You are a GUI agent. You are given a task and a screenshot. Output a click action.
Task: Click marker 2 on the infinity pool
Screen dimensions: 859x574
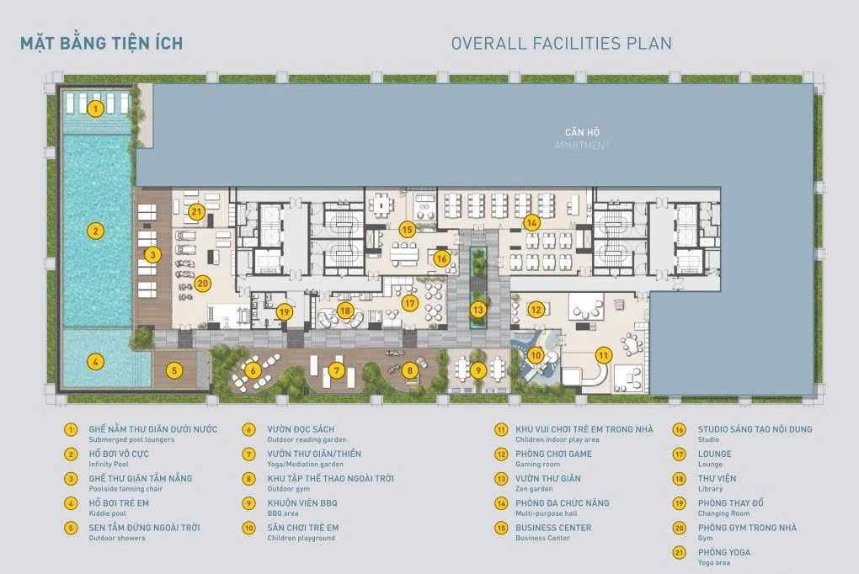point(96,231)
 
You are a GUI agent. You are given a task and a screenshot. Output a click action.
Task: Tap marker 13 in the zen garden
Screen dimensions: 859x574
point(478,310)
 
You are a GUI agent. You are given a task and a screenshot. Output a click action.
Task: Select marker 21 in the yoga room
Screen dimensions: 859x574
point(196,211)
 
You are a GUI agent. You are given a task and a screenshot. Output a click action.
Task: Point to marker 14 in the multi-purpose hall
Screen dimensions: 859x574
point(531,222)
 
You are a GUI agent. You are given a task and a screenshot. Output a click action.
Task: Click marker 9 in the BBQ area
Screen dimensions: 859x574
point(478,371)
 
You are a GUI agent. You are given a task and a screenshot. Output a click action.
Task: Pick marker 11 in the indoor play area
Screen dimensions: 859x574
point(603,355)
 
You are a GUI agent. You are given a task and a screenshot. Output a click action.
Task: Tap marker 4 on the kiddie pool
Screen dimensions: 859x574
point(96,362)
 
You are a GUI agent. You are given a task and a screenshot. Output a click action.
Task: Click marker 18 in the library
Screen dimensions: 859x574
point(345,311)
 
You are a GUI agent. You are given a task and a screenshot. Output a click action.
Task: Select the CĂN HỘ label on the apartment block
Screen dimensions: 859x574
point(582,132)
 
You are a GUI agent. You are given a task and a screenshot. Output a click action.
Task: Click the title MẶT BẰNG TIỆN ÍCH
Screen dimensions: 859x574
point(101,43)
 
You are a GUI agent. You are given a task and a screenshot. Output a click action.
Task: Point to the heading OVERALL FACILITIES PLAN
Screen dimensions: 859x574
point(562,43)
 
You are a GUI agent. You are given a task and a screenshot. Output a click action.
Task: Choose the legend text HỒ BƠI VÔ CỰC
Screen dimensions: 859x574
point(119,454)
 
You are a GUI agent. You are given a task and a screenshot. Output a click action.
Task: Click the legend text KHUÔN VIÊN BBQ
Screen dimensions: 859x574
point(302,503)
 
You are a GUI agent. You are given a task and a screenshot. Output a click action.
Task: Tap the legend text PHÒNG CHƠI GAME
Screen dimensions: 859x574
point(554,454)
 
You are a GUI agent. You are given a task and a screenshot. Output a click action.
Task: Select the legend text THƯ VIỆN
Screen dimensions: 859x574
point(718,479)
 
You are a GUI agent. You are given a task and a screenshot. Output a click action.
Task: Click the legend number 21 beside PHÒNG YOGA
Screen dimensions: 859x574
point(680,553)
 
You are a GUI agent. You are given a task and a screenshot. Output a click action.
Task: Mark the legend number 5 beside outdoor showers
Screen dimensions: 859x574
point(71,528)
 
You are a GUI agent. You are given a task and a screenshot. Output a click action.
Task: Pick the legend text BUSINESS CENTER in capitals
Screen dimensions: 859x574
point(553,528)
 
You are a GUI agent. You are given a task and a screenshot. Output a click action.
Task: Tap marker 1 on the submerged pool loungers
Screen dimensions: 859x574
point(96,109)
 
